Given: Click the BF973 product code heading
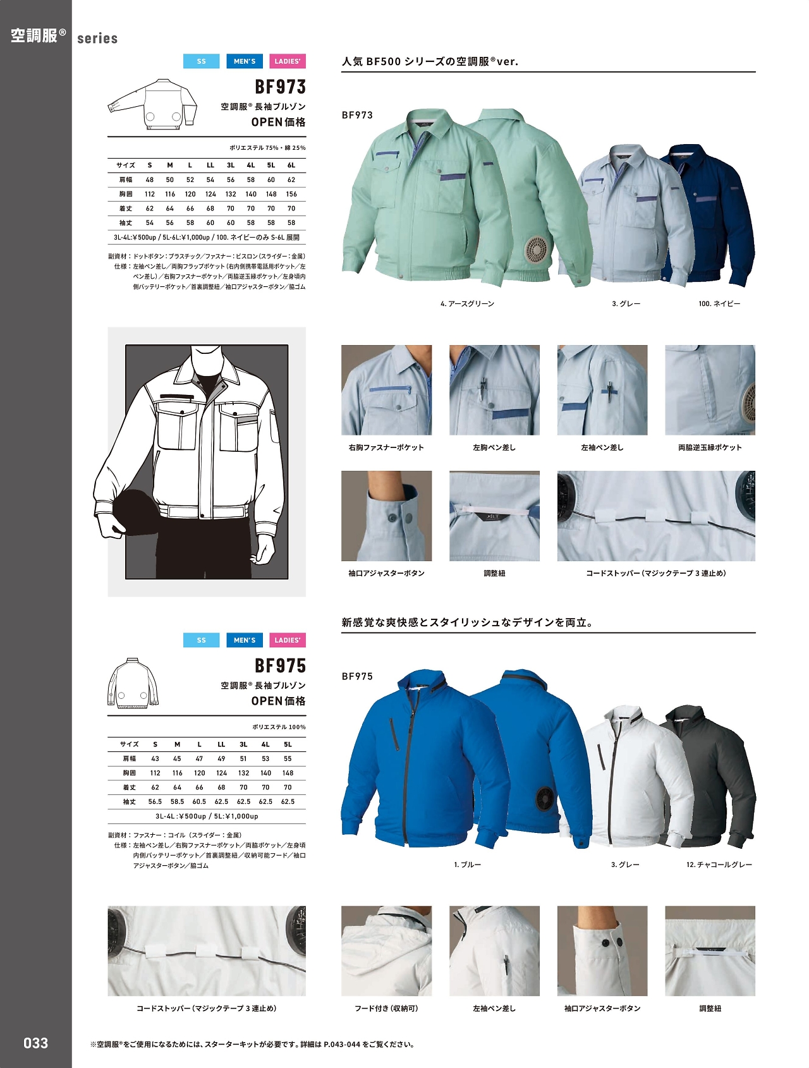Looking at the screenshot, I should (x=280, y=87).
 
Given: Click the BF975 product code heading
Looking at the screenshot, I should (x=280, y=665).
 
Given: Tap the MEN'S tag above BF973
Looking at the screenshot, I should (x=245, y=61).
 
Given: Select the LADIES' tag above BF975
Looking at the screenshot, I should (x=288, y=640).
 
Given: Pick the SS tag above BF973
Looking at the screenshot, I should (x=201, y=61).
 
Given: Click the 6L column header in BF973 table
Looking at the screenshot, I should (x=291, y=165).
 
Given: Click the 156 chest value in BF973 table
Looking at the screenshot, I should (x=291, y=194).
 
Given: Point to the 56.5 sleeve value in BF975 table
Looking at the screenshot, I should (x=155, y=801).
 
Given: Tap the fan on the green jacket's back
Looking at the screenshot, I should (x=537, y=248).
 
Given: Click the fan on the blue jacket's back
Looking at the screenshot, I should (x=544, y=799).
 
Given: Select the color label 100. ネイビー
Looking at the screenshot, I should (x=719, y=304).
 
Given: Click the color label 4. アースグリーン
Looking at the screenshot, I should (x=467, y=304).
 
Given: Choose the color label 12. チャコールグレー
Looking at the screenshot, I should (x=719, y=865).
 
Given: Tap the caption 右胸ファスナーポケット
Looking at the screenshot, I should (x=386, y=447).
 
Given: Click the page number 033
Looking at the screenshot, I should (x=35, y=1043).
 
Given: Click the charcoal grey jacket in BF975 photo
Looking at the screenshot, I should (x=721, y=777).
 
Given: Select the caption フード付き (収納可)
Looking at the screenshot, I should (x=386, y=1009).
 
